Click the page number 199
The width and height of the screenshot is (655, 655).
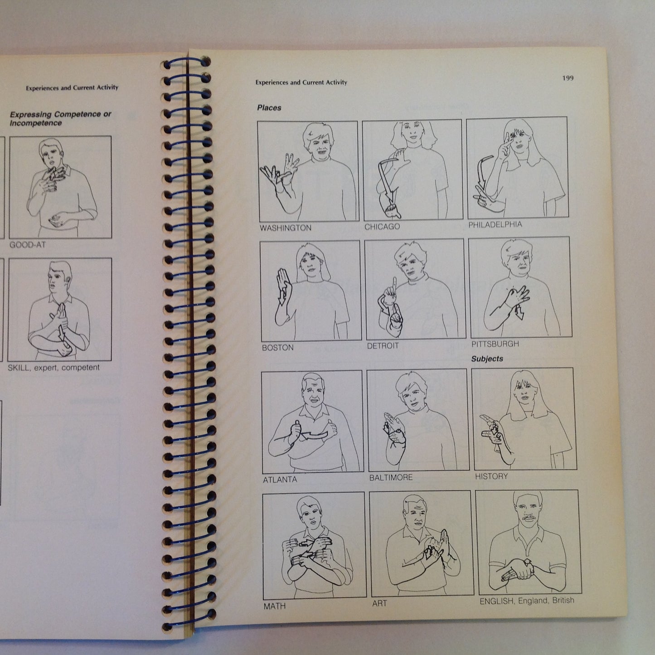pyautogui.click(x=568, y=78)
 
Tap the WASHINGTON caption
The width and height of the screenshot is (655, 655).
pyautogui.click(x=286, y=228)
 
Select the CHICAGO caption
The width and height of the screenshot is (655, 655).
pyautogui.click(x=382, y=227)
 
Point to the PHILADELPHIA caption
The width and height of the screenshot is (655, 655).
pyautogui.click(x=495, y=225)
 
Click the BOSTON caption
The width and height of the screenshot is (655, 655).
pyautogui.click(x=278, y=348)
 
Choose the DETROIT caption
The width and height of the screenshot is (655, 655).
pyautogui.click(x=383, y=346)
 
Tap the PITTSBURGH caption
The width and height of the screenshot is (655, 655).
pyautogui.click(x=495, y=344)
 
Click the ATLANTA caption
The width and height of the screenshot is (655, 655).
pyautogui.click(x=280, y=480)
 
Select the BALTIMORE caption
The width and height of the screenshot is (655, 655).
pyautogui.click(x=391, y=478)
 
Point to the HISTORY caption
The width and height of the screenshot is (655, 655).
pyautogui.click(x=491, y=476)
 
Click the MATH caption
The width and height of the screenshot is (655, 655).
pyautogui.click(x=275, y=606)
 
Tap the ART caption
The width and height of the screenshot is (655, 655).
pyautogui.click(x=379, y=603)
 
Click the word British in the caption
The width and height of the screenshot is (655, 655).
pyautogui.click(x=563, y=600)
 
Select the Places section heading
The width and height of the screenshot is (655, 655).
pyautogui.click(x=269, y=108)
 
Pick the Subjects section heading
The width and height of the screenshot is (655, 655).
pyautogui.click(x=487, y=359)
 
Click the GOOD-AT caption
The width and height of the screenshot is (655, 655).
pyautogui.click(x=28, y=245)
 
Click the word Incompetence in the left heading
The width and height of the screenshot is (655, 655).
pyautogui.click(x=36, y=123)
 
